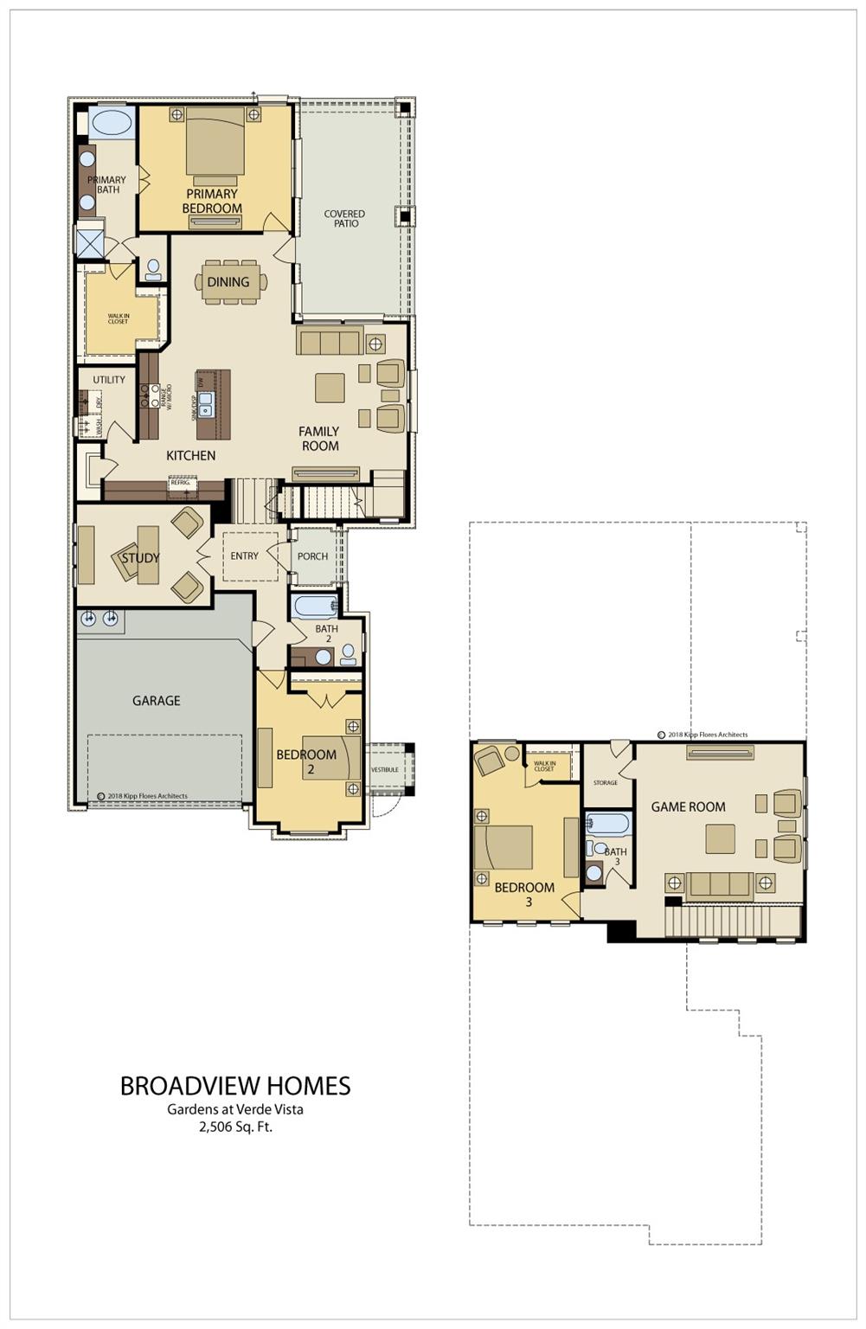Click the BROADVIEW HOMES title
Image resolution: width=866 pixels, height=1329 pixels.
234,1086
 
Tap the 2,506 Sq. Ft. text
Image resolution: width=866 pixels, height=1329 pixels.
235,1127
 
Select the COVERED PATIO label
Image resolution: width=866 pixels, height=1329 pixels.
344,218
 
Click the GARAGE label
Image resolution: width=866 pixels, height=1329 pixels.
156,700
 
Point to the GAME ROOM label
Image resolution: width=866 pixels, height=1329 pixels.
688,806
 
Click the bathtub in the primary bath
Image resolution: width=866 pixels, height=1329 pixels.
112,123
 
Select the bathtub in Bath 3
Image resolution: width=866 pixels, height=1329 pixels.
608,823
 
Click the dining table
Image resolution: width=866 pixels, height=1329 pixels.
229,282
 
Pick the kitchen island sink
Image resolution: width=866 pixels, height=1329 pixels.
207,403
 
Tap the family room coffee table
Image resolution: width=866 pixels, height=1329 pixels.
330,387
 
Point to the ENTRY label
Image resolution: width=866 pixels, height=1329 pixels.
244,555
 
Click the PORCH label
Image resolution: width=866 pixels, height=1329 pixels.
312,556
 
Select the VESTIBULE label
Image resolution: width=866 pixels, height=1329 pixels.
385,769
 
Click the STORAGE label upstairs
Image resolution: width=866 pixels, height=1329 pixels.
606,782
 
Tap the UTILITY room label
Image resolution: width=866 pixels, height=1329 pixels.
109,379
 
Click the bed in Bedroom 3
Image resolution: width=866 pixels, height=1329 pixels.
504,847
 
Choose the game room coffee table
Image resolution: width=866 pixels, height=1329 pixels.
720,838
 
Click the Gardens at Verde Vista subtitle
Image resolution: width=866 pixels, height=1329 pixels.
235,1109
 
